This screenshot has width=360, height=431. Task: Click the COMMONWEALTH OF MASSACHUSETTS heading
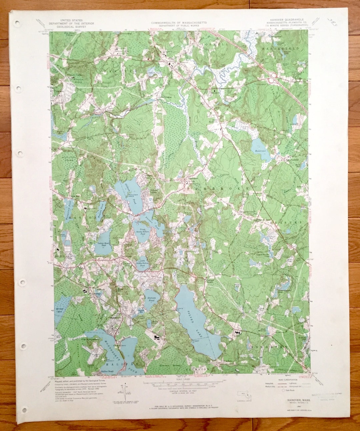tap(179, 23)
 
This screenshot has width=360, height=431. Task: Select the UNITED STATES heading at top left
tap(71, 21)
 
